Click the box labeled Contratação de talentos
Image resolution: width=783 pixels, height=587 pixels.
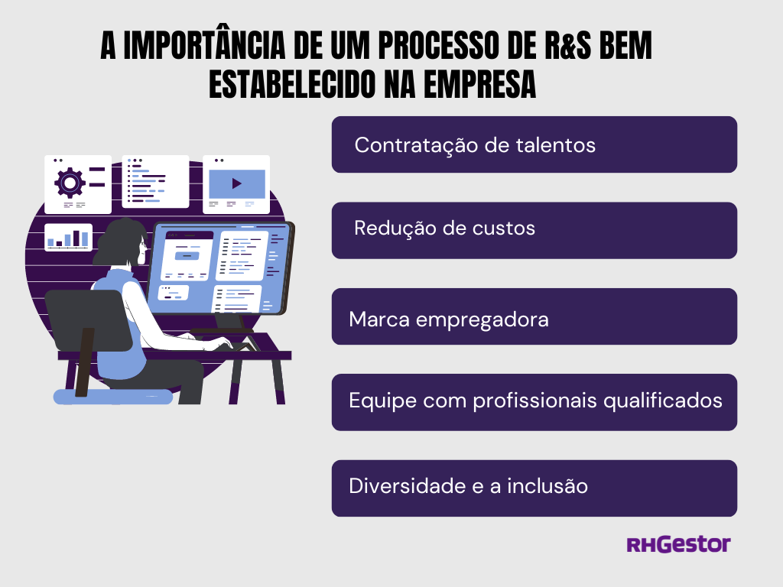534,144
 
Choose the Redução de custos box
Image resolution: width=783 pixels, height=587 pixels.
534,230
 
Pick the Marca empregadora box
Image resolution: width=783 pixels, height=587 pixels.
534,316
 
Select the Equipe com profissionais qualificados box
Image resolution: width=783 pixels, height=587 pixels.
534,402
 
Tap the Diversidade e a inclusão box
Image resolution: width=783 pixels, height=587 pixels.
534,488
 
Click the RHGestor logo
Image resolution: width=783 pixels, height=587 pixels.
679,544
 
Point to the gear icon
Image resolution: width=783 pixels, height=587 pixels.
70,183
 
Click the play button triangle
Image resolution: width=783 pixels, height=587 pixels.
237,183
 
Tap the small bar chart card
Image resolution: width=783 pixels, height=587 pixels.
68,237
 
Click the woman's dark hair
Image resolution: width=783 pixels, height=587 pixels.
120,242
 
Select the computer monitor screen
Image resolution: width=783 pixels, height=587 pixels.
223,270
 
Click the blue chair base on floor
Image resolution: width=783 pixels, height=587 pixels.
113,397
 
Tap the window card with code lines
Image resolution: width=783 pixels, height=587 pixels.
155,182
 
